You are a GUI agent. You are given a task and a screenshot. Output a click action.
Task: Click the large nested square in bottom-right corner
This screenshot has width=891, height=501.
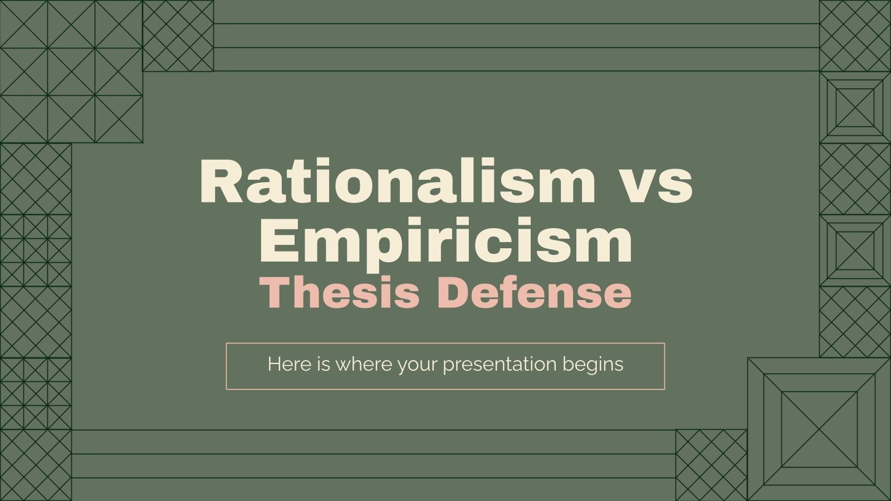tap(819, 429)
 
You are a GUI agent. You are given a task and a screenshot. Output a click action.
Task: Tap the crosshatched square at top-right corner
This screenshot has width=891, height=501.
tap(855, 36)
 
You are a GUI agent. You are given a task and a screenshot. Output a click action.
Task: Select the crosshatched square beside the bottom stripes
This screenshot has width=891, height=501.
tap(711, 465)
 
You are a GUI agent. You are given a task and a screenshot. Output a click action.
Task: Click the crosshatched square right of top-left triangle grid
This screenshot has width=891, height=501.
tap(178, 36)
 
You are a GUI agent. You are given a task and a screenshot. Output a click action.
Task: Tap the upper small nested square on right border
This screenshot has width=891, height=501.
tap(855, 107)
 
